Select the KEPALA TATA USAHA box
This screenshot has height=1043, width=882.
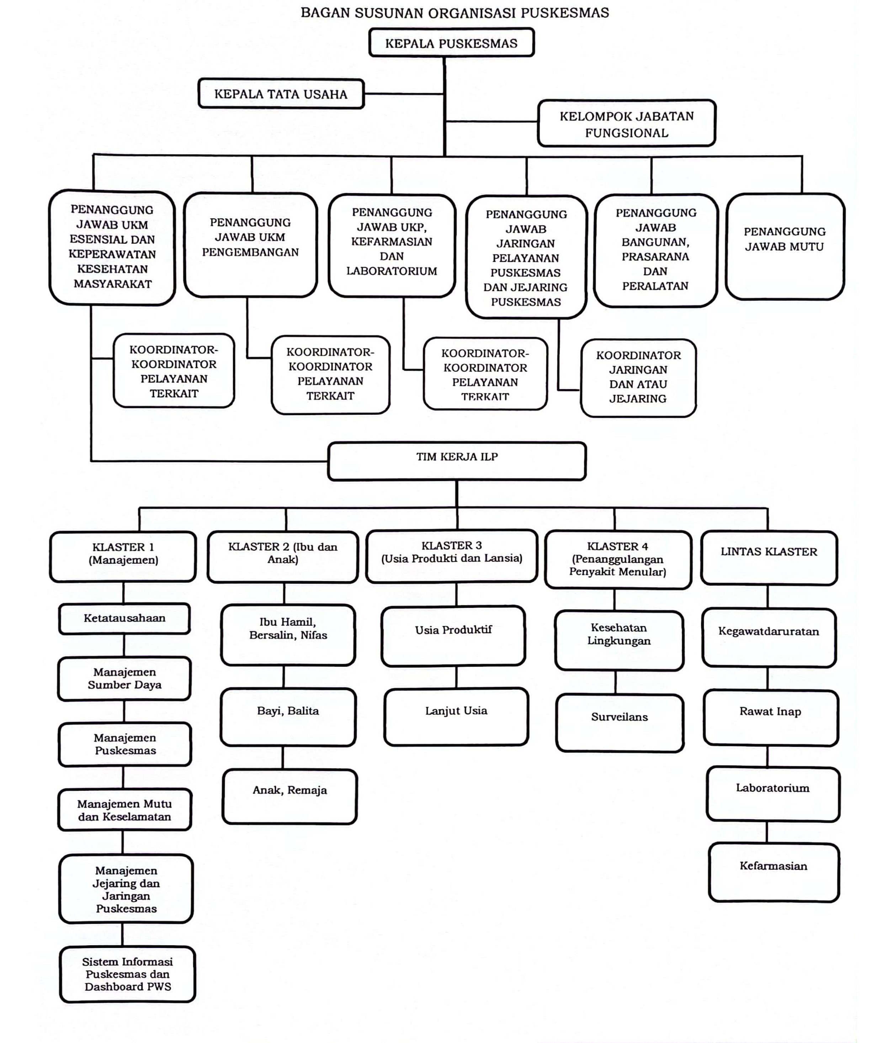[x=281, y=94]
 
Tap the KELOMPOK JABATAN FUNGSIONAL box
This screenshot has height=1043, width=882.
[x=627, y=123]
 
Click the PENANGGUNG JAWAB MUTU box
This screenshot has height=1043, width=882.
[x=785, y=247]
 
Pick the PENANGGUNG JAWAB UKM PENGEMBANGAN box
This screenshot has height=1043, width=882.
[x=250, y=244]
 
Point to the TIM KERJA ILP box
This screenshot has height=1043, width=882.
[x=457, y=461]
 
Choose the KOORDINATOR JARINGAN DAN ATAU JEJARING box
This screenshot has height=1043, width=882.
[x=638, y=377]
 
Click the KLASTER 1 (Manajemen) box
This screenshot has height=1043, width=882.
[x=123, y=556]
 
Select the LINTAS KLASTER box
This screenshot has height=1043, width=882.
[x=769, y=557]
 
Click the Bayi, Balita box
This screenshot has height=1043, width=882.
[x=288, y=716]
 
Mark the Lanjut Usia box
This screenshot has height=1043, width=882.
[x=456, y=716]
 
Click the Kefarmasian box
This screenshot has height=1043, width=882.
[x=773, y=872]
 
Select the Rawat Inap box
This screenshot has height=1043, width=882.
[x=770, y=718]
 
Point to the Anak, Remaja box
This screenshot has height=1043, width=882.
[x=289, y=796]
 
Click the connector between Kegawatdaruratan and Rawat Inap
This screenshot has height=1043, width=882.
[x=767, y=678]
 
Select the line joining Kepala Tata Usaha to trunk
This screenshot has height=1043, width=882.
[x=404, y=94]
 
